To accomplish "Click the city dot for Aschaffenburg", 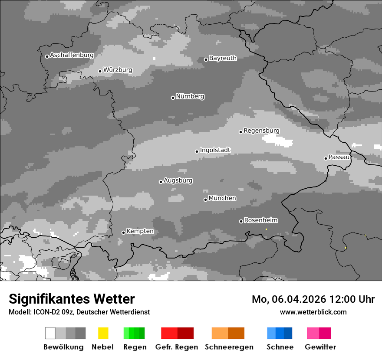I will [47, 56].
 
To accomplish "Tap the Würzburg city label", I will [118, 70].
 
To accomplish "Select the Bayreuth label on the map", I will [223, 58].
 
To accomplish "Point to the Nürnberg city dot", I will [173, 98].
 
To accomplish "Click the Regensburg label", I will [261, 131].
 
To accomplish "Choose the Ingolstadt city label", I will [215, 150].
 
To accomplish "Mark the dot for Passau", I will [326, 158].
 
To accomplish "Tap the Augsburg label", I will [178, 180].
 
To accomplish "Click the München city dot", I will [205, 200].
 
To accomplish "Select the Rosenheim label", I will [260, 220].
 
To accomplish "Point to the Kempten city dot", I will [123, 232].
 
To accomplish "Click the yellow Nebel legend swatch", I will [103, 333].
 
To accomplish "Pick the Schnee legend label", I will [280, 347].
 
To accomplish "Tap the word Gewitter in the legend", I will [320, 347].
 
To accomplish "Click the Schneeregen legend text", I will [229, 347].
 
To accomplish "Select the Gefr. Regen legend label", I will [176, 347].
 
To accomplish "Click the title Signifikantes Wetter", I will [72, 299].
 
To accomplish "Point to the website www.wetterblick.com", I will [313, 312].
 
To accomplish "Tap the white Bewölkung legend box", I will [50, 333].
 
